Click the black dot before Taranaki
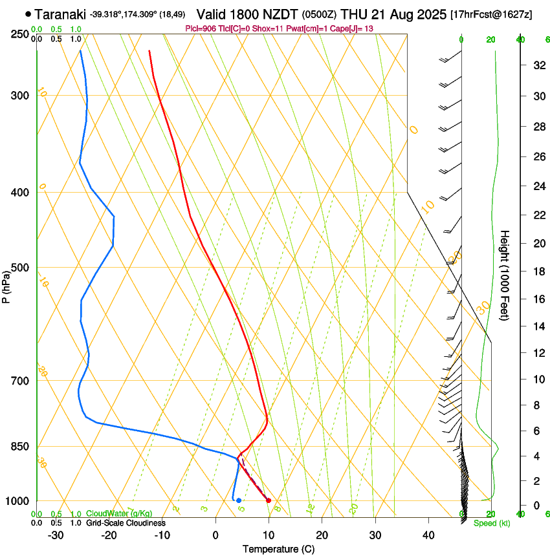pyautogui.click(x=28, y=14)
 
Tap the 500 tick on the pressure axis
pyautogui.click(x=19, y=268)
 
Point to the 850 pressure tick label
pyautogui.click(x=19, y=446)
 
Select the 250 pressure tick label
pyautogui.click(x=19, y=34)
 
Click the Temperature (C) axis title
pyautogui.click(x=278, y=549)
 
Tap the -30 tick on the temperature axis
pyautogui.click(x=56, y=535)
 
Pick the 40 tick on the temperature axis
pyautogui.click(x=428, y=535)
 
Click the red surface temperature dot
pyautogui.click(x=269, y=500)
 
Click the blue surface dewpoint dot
pyautogui.click(x=239, y=500)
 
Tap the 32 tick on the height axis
pyautogui.click(x=537, y=65)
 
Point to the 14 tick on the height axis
pyautogui.click(x=537, y=326)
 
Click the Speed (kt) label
pyautogui.click(x=492, y=523)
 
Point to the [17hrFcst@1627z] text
pyautogui.click(x=491, y=14)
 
